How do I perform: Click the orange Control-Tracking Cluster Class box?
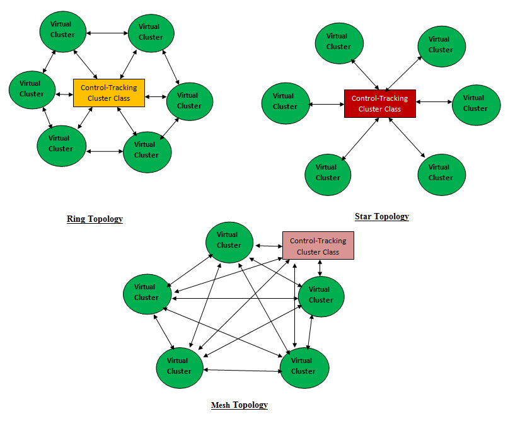coord(109,93)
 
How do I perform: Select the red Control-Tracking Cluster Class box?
coord(379,103)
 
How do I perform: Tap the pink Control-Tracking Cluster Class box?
coord(318,245)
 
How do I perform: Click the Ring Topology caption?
coord(95,219)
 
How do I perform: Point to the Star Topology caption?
coord(381,217)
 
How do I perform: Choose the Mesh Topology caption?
coord(239,405)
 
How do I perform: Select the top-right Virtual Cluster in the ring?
coord(151,32)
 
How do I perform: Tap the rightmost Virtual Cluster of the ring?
coord(189,101)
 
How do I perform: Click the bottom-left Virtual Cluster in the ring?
coord(61,144)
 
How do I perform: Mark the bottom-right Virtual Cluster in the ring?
coord(147,150)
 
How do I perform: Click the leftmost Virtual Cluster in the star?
coord(285,101)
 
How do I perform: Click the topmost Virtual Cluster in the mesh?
coord(229,240)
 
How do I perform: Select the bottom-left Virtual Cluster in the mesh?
coord(180,366)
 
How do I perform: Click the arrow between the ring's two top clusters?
coord(107,32)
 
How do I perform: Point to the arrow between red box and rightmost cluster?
coord(434,102)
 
